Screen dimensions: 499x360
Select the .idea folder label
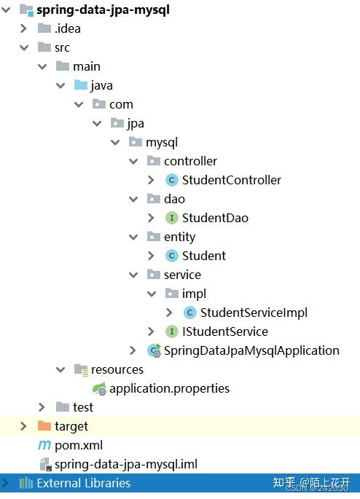[x=68, y=29]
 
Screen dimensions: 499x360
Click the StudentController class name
[x=231, y=180]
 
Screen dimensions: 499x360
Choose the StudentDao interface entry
[x=215, y=218]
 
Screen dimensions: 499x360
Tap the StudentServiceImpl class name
[x=254, y=313]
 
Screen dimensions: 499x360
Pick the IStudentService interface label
[x=224, y=331]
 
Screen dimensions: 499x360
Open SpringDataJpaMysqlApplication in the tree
[x=251, y=350]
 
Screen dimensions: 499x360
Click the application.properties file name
[x=169, y=388]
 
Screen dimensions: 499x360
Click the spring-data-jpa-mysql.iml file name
[x=125, y=464]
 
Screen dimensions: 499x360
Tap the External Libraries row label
[x=84, y=483]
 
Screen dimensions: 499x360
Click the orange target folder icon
[x=44, y=426]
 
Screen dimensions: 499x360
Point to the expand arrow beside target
[x=23, y=426]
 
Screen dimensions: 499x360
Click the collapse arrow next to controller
[x=133, y=161]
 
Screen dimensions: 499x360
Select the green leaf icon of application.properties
[x=99, y=389]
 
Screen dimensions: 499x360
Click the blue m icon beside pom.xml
[x=44, y=445]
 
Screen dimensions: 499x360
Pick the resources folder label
[x=117, y=369]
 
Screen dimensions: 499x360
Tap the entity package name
[x=179, y=237]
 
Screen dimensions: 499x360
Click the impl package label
[x=194, y=294]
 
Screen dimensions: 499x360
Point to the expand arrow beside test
[x=42, y=407]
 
